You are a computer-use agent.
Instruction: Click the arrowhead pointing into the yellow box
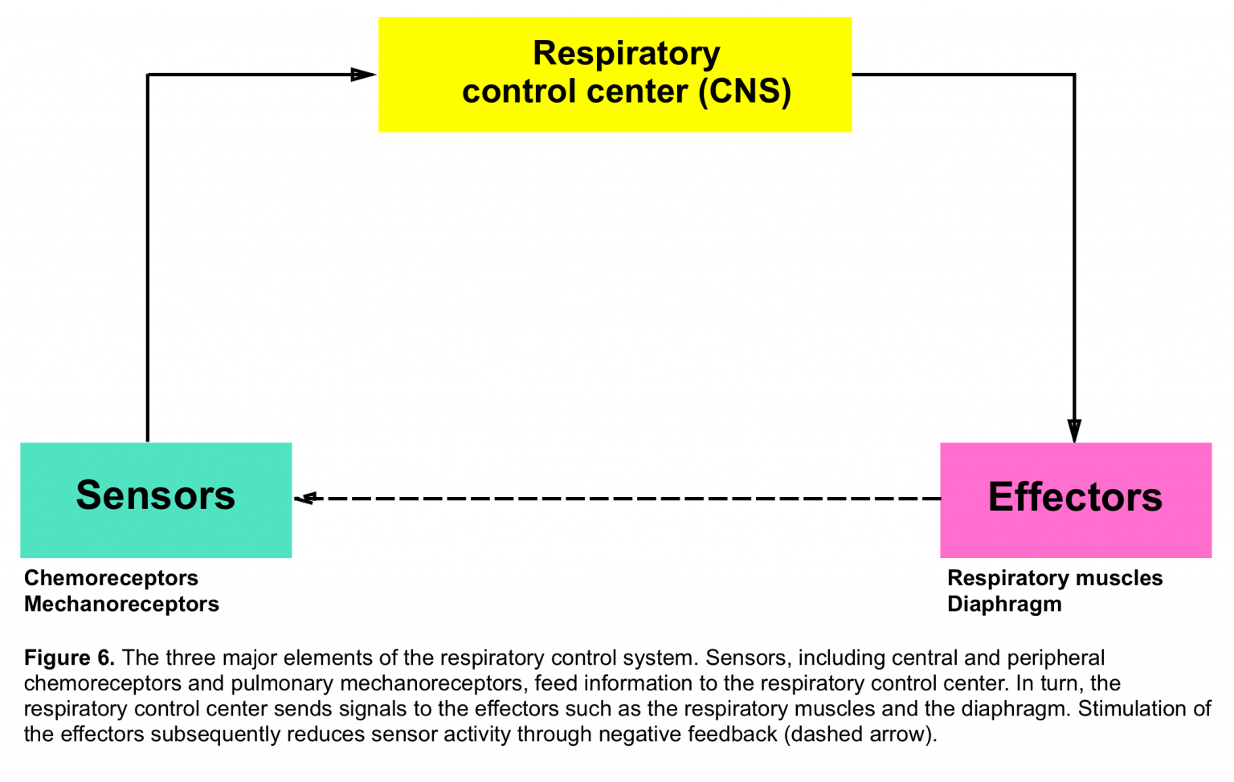(x=363, y=75)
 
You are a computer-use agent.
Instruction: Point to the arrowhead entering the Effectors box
(x=1074, y=431)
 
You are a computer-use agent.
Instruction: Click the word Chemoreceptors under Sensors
(x=111, y=578)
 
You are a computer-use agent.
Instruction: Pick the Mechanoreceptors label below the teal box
(x=121, y=604)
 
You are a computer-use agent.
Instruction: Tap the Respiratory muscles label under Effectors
(x=1055, y=578)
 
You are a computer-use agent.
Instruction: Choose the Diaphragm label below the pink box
(x=1004, y=604)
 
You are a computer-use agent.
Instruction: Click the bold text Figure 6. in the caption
(x=69, y=658)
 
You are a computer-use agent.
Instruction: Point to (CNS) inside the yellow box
(x=745, y=92)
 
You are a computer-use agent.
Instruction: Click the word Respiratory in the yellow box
(x=626, y=54)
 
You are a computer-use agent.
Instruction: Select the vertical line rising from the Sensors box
(x=148, y=257)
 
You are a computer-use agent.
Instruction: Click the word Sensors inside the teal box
(x=156, y=495)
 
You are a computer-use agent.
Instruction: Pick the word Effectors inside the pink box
(x=1075, y=497)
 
